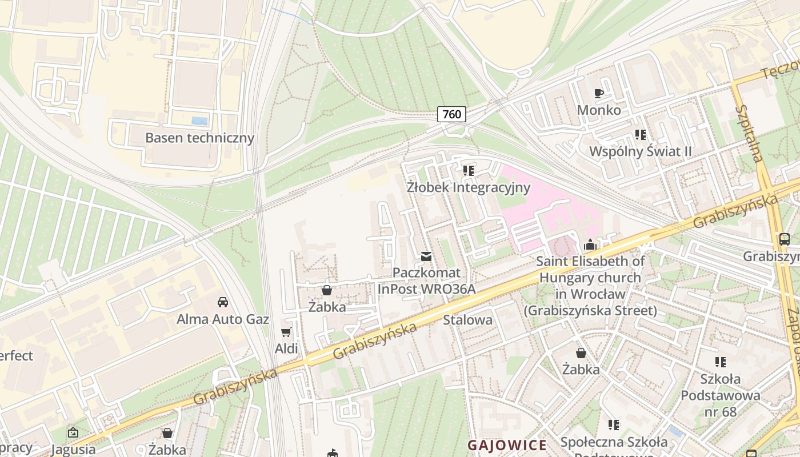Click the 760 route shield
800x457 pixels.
[451, 114]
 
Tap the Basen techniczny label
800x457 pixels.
[199, 138]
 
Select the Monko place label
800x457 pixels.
[599, 110]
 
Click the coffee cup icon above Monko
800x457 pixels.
[599, 93]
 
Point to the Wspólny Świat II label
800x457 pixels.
[640, 151]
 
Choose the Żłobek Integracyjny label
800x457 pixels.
[469, 187]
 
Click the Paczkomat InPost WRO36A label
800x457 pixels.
[426, 280]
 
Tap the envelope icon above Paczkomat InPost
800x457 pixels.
[426, 256]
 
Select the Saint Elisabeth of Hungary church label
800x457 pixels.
[590, 286]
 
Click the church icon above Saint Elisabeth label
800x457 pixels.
[590, 245]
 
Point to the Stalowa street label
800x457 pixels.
[467, 320]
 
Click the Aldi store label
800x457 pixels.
[286, 348]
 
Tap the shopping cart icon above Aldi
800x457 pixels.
[286, 332]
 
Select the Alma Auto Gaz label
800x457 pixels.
[222, 319]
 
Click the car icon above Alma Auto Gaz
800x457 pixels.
[222, 302]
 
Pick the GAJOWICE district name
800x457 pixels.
[507, 445]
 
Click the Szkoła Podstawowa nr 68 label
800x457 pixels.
[720, 395]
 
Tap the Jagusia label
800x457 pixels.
[73, 449]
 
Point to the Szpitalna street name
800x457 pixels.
[750, 133]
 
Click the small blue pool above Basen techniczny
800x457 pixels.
[199, 121]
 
